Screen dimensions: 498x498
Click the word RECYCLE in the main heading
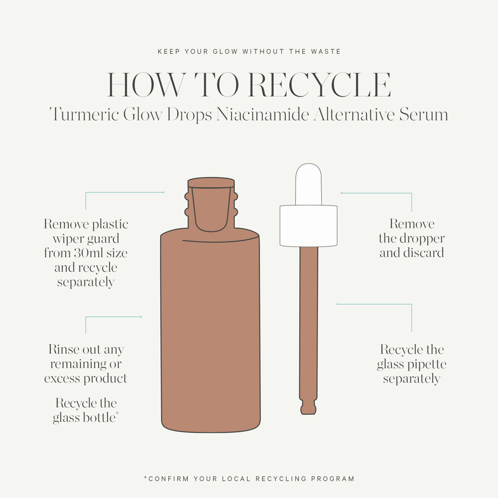coord(319,85)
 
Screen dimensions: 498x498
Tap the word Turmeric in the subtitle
coord(84,115)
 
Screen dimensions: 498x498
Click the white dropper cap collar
coord(308,226)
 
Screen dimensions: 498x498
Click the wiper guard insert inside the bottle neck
coord(212,209)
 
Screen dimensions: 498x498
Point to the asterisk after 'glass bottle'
coord(117,414)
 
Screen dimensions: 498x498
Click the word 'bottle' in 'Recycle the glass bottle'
coord(99,417)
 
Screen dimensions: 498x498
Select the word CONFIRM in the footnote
coord(167,479)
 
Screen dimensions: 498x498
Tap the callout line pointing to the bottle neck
coord(124,192)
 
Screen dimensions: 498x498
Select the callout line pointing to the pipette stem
coord(373,304)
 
